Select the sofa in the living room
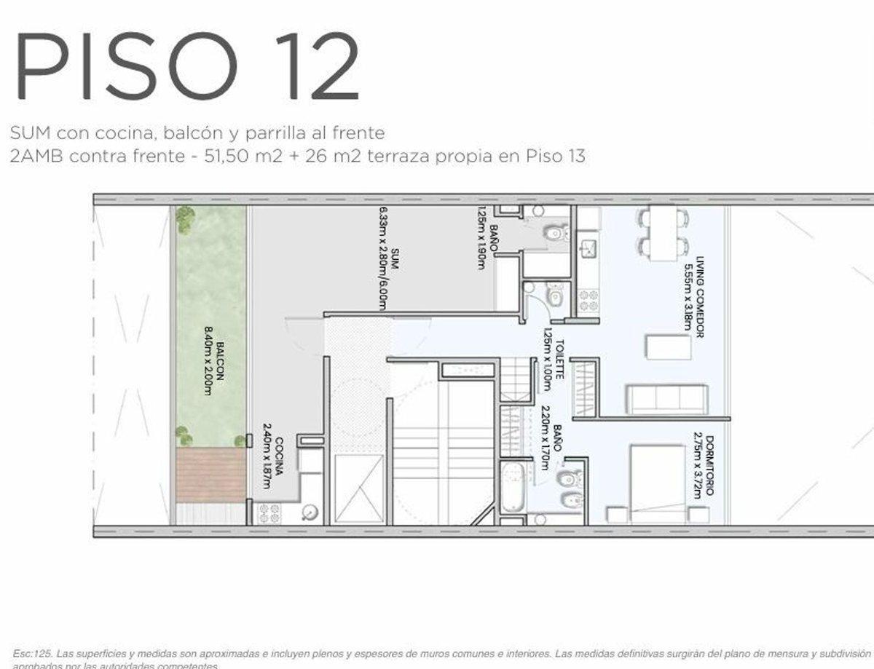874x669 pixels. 666,400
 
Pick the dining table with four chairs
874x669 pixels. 663,234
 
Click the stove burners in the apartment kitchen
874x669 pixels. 588,299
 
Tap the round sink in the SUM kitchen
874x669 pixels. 312,512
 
